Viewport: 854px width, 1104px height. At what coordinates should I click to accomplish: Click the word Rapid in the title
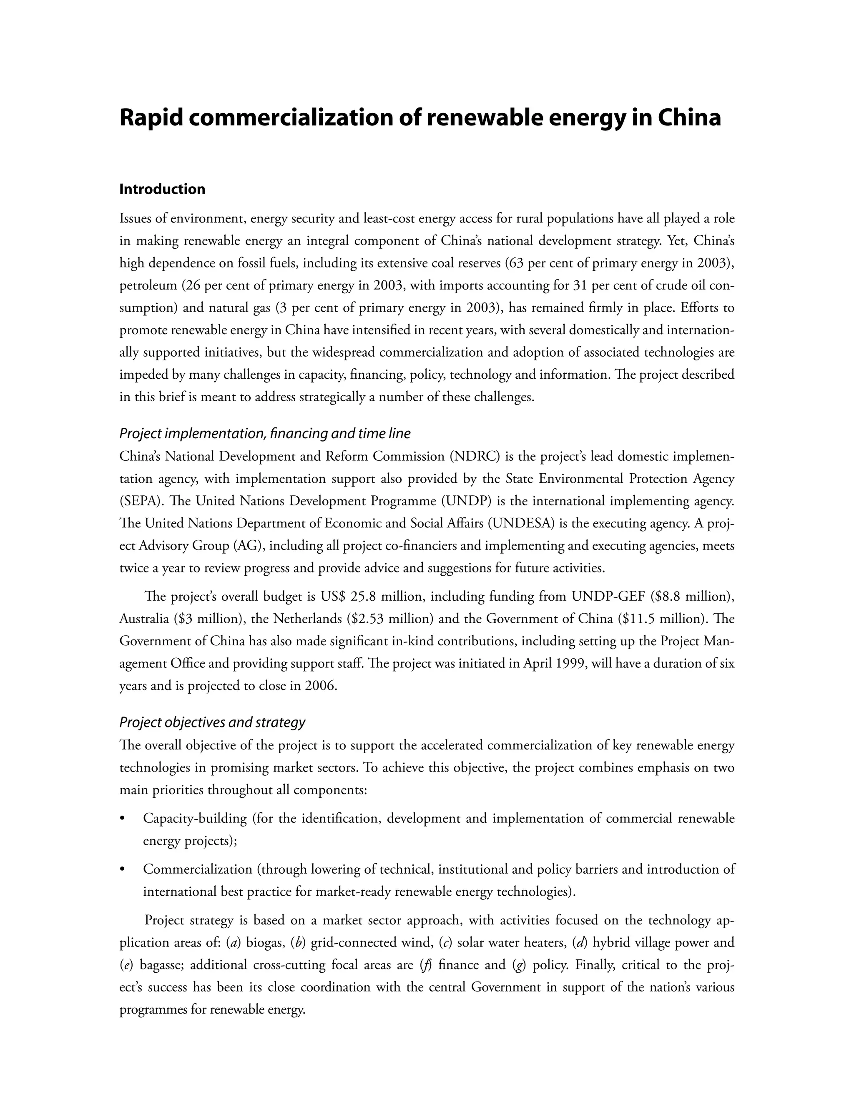coord(150,118)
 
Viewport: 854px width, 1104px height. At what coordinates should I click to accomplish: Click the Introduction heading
coord(162,189)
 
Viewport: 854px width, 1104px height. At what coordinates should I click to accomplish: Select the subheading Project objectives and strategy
coord(212,722)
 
